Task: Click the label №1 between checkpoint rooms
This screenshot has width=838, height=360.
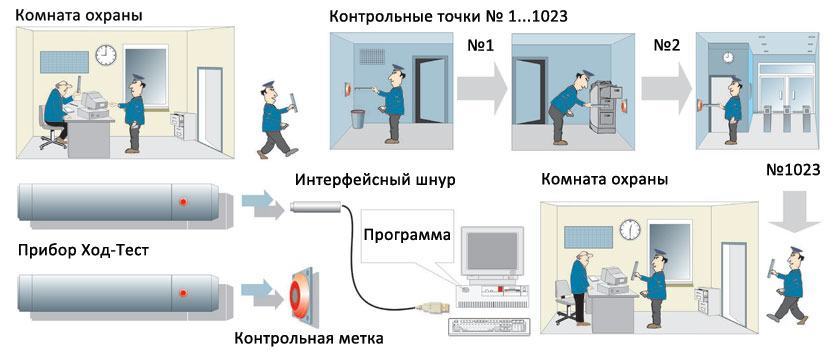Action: tap(480, 45)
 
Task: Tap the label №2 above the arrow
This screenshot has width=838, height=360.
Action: tap(666, 45)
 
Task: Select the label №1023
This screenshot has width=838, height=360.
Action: tap(793, 170)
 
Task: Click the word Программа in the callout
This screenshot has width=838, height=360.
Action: tap(407, 235)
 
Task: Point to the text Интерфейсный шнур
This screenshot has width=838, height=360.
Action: tap(375, 180)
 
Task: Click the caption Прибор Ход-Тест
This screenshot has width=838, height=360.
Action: tap(83, 250)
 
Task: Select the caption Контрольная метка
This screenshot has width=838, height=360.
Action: tap(309, 338)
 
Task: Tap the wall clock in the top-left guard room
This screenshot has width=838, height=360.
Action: tap(106, 55)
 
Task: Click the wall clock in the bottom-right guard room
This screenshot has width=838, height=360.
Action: tap(630, 230)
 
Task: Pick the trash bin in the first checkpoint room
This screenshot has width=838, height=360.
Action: tap(358, 119)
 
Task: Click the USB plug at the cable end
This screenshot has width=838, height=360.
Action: tap(428, 307)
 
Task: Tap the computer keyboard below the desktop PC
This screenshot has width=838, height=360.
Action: tap(490, 327)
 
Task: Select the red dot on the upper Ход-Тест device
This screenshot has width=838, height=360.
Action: tap(183, 202)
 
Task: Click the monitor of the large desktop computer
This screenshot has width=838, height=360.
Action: tap(491, 253)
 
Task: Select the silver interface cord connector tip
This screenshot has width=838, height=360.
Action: tap(316, 206)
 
